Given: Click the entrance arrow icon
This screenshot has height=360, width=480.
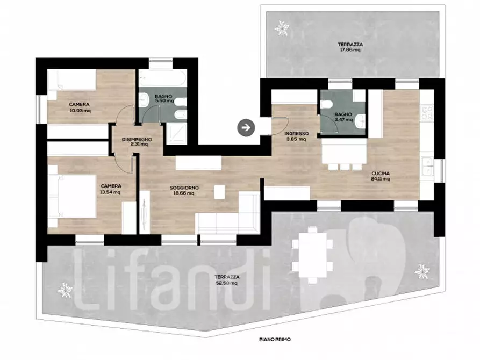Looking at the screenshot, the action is tap(246, 128).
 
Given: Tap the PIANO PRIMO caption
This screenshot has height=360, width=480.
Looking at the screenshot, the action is tap(275, 339).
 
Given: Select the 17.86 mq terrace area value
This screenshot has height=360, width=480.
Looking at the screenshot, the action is tap(350, 49).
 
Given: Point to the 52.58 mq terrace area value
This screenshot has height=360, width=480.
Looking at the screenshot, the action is tap(227, 283).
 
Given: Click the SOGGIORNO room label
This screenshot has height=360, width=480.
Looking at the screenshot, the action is tap(184, 188).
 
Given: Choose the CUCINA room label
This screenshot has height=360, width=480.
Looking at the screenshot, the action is tap(381, 174).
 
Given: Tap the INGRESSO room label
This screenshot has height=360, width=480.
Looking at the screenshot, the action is tap(296, 133).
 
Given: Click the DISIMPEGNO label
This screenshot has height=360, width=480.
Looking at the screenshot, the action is tap(137, 139).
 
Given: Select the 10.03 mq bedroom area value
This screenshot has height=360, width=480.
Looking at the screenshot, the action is tap(80, 111).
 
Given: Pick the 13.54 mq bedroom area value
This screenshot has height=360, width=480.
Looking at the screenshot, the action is tap(110, 192).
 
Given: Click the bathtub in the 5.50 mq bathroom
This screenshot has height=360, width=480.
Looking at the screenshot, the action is tap(162, 78).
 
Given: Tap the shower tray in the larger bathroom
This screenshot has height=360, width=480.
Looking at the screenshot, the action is tap(176, 133).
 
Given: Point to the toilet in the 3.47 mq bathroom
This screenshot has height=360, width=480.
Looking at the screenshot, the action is tap(327, 105).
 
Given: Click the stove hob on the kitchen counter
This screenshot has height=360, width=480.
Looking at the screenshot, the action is tap(426, 113).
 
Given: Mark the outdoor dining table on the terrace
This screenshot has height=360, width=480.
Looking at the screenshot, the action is tap(312, 255).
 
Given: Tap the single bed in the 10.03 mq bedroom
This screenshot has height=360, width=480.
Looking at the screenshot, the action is tap(72, 80).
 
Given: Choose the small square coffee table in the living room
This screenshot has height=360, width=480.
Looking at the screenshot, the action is tap(219, 192).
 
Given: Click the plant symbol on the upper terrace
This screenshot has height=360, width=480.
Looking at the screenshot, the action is tap(282, 28).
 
